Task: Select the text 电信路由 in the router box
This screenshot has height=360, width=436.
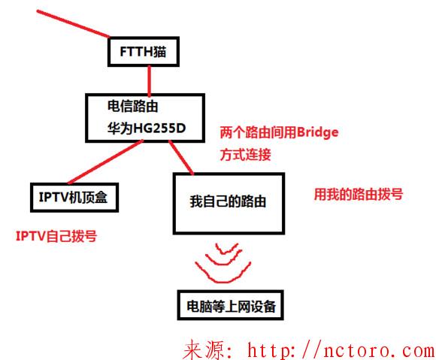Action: pos(132,106)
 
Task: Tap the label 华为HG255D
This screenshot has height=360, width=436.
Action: pos(147,129)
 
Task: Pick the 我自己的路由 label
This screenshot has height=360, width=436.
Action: pos(228,201)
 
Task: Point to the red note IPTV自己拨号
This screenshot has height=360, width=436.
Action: pos(56,236)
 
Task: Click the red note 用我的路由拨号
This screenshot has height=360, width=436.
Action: pos(358,194)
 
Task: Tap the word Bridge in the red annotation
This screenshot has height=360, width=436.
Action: pos(317,132)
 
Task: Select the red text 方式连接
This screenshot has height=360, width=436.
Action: pos(245,155)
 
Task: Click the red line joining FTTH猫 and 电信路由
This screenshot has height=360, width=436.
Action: pos(150,80)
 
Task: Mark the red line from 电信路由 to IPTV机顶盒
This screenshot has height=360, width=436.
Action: pos(105,162)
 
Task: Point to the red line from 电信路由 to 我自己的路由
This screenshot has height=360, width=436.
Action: pos(181,158)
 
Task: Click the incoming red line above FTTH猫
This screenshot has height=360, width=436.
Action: pos(73,23)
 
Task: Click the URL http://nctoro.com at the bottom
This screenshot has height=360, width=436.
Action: pos(341,349)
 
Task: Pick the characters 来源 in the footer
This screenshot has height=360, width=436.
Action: pos(204,349)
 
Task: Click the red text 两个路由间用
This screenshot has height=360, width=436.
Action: pos(259,132)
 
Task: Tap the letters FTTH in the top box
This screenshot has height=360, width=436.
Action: pos(136,52)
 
